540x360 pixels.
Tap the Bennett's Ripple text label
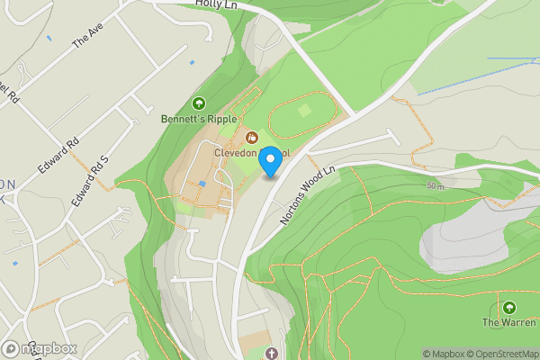point(198,118)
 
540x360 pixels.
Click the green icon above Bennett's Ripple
point(198,103)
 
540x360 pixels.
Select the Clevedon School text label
point(251,152)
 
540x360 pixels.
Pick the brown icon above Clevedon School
point(251,138)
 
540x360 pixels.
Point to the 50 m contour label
point(436,186)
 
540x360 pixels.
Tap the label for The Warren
point(508,321)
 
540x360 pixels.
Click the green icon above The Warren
point(508,307)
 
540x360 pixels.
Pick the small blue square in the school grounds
point(202,184)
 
